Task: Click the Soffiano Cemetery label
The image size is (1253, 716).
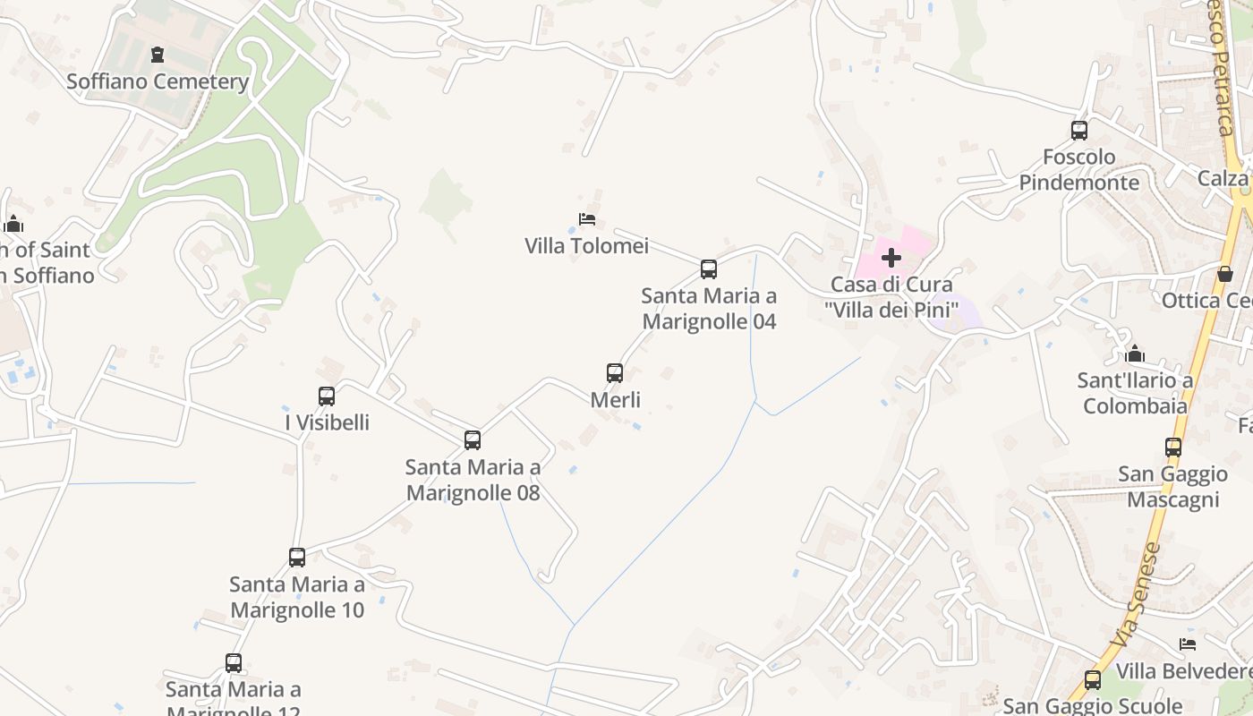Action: (158, 81)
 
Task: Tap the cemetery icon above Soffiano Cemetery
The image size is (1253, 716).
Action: (158, 55)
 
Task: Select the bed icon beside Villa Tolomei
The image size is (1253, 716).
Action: (587, 219)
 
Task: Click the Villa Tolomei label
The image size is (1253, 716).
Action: (587, 245)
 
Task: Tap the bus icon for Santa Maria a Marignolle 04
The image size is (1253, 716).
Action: (709, 268)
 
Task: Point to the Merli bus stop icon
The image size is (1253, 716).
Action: (615, 373)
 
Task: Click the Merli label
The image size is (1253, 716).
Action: (616, 400)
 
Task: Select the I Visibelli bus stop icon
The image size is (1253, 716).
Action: (327, 396)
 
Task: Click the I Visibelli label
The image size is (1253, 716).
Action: (328, 422)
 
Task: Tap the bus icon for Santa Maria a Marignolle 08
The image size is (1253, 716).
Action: (473, 440)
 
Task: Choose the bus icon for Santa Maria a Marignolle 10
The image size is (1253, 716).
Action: (297, 558)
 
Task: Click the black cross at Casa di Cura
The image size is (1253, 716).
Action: (891, 259)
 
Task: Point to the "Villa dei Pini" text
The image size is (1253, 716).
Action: (891, 310)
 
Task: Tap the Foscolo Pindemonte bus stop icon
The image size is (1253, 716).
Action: (1079, 131)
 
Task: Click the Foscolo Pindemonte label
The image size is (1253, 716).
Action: (1079, 170)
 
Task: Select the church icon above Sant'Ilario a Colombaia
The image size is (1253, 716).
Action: (1136, 354)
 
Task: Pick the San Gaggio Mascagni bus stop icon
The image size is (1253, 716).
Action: (1173, 447)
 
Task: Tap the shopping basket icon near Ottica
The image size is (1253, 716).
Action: (1225, 274)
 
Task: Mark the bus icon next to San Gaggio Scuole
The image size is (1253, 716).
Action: (1093, 680)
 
